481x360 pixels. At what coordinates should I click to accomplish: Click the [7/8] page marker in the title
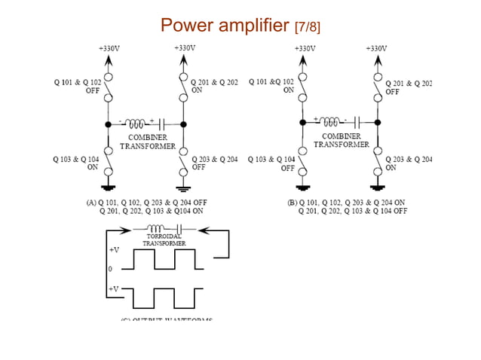tap(305, 28)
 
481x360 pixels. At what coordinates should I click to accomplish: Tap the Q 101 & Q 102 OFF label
tap(77, 86)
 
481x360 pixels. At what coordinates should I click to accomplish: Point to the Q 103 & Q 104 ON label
tap(75, 163)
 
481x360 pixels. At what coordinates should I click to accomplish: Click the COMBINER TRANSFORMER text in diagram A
tap(148, 142)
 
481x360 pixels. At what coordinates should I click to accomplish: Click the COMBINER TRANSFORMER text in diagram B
tap(342, 140)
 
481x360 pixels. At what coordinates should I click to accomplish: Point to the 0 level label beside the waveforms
tap(110, 268)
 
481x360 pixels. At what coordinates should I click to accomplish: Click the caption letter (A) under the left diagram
tap(92, 203)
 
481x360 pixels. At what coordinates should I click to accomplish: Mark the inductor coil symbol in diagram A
tap(138, 124)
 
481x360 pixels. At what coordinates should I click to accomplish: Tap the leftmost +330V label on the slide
tap(109, 48)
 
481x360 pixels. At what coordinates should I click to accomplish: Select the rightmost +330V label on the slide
tap(376, 48)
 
